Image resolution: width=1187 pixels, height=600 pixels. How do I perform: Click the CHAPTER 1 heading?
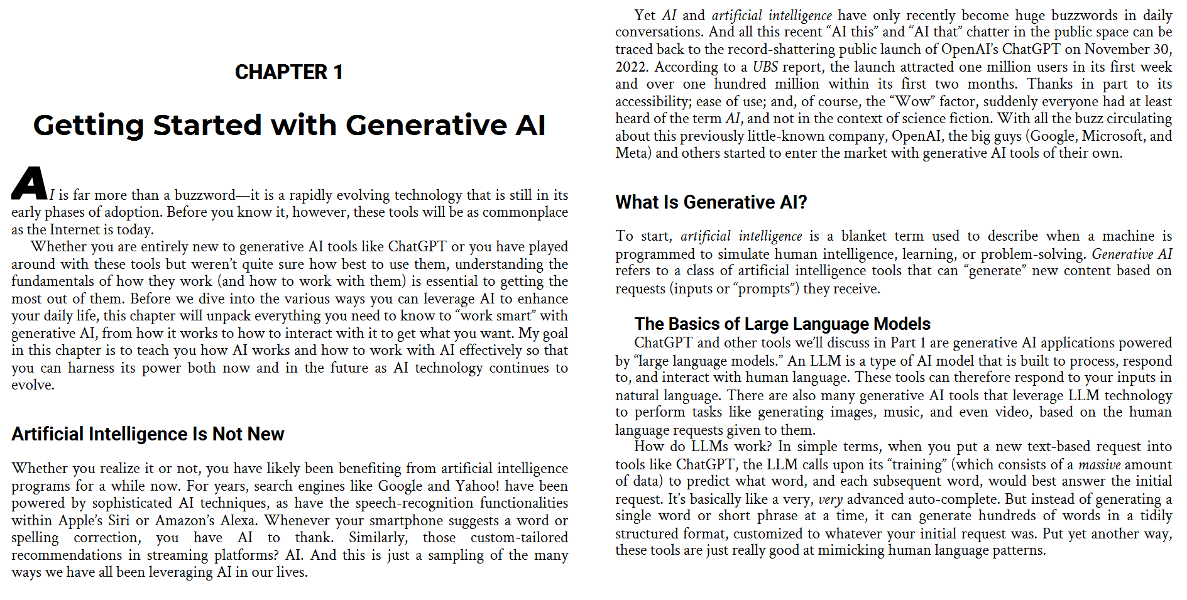288,72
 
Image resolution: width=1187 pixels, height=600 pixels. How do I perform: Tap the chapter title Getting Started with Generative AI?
289,125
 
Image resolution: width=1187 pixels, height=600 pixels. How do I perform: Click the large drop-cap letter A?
30,183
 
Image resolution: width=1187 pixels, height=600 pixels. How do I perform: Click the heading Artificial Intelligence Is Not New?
148,434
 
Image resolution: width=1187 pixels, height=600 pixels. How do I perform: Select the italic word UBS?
765,67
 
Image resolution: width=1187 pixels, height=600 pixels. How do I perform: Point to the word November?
1117,50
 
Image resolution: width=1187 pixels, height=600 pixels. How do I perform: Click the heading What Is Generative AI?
711,202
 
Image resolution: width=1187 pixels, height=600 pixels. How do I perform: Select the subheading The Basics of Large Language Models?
782,324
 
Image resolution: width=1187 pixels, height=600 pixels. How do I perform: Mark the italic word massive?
1100,465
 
